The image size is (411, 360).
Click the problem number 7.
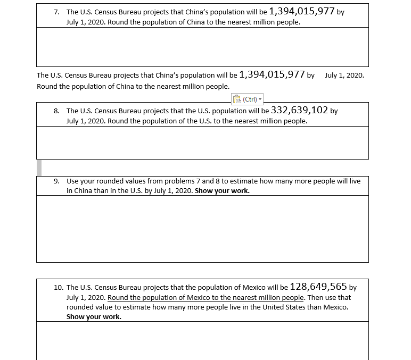coord(57,12)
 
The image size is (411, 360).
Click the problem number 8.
coord(57,111)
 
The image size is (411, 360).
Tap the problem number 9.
coord(57,181)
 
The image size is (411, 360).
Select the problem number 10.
coord(59,287)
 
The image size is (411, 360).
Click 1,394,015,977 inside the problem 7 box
coord(302,11)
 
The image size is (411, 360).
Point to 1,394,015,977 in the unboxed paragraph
coord(272,74)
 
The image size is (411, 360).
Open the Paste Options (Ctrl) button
coord(248,99)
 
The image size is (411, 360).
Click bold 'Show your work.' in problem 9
coord(222,191)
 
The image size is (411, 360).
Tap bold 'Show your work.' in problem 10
coord(94,317)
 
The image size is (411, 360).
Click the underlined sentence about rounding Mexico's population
coord(205,298)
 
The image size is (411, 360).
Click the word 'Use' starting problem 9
coord(72,181)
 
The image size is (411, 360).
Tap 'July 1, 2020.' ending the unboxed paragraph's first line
coord(344,76)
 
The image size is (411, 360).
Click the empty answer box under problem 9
coord(202,229)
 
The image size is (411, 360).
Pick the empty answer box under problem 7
coord(202,47)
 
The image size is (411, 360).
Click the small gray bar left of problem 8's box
coord(39,167)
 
